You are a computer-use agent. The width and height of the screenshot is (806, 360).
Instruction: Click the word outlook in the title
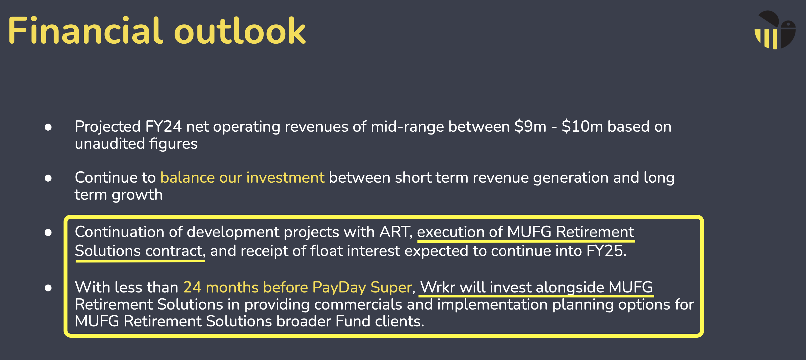[x=240, y=31]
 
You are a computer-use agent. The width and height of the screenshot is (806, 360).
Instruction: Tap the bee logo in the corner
[x=775, y=30]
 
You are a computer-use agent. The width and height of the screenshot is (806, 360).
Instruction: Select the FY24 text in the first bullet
[x=163, y=126]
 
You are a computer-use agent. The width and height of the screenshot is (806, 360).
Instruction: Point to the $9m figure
[x=530, y=126]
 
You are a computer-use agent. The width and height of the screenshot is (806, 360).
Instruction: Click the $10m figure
[x=582, y=126]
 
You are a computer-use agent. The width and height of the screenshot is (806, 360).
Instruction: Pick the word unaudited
[x=110, y=144]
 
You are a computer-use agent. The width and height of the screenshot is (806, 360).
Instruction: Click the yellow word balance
[x=187, y=177]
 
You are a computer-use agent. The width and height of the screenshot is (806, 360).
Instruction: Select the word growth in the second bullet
[x=137, y=195]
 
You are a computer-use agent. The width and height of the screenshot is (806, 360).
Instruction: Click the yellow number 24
[x=192, y=287]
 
